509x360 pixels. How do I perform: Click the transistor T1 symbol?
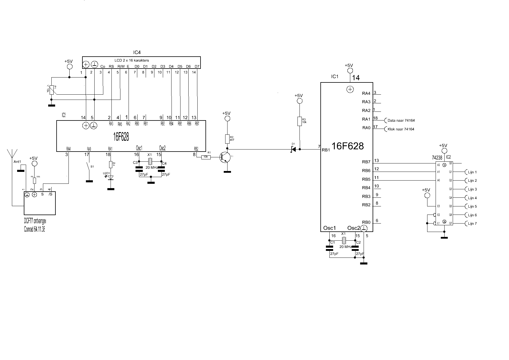[x=225, y=157]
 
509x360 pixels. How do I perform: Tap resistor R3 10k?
[x=300, y=121]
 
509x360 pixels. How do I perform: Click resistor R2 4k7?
[x=228, y=139]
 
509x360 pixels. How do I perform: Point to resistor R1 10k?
[x=206, y=157]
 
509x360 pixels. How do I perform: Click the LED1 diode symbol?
[x=110, y=177]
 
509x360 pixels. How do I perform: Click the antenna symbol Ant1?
[x=12, y=154]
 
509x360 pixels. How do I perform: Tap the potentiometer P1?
[x=52, y=90]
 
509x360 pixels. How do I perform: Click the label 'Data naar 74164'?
[x=401, y=120]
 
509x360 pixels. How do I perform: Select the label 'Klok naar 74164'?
[x=401, y=129]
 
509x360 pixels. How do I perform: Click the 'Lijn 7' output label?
[x=472, y=224]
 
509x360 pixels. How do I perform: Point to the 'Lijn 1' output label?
[x=472, y=172]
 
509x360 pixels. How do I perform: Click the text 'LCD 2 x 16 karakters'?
[x=131, y=60]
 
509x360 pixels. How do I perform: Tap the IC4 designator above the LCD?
[x=137, y=53]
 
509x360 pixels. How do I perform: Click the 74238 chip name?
[x=437, y=157]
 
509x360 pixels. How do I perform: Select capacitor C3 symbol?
[x=139, y=168]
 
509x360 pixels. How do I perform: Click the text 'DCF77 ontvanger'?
[x=35, y=221]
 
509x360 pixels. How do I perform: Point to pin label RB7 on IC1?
[x=366, y=162]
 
